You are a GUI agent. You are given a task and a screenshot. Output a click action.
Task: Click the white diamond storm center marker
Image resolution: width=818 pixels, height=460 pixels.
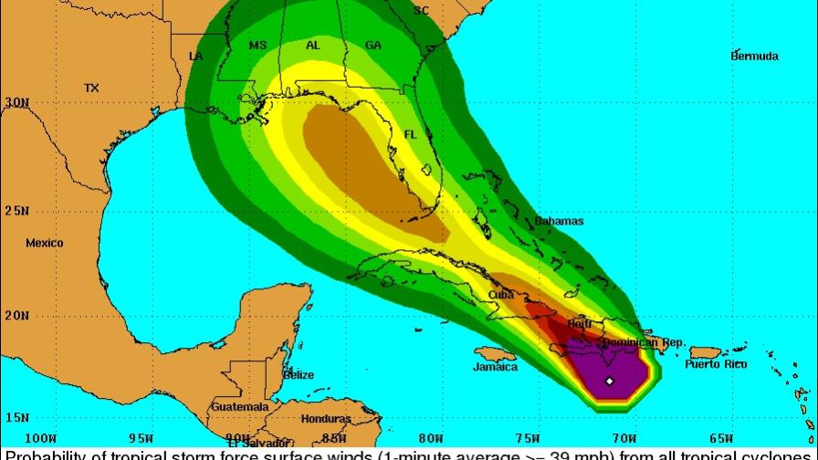[x=609, y=381]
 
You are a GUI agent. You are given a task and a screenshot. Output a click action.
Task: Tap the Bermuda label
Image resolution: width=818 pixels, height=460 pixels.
[x=754, y=57]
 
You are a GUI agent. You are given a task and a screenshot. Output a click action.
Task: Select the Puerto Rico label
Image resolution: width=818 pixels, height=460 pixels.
[x=716, y=365]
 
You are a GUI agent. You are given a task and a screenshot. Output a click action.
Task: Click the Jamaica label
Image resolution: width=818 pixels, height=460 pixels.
[x=494, y=368]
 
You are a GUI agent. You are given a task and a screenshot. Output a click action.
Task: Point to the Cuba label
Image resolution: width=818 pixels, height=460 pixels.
[x=499, y=296]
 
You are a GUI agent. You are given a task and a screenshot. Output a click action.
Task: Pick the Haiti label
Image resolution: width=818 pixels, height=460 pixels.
[x=580, y=324]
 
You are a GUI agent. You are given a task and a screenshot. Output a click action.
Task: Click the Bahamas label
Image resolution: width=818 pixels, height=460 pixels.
[x=559, y=222]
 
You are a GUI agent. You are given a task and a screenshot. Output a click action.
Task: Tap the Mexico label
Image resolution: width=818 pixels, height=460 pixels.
[x=44, y=244]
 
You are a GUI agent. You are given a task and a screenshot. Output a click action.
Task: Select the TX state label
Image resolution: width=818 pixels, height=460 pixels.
[x=91, y=89]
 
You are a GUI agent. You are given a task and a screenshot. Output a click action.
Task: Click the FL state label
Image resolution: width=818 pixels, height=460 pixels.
[x=411, y=135]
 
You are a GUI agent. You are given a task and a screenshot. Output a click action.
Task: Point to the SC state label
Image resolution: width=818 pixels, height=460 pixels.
[x=421, y=11]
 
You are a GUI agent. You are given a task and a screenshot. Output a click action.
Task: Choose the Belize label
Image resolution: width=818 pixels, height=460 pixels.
[x=299, y=375]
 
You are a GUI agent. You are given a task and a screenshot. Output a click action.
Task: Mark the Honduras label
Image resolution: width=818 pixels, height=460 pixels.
[x=326, y=419]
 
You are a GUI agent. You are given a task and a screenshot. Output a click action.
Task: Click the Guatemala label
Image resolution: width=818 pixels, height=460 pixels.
[x=240, y=406]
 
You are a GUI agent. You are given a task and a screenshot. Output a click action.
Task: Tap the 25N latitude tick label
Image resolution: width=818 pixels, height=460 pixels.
[x=16, y=211]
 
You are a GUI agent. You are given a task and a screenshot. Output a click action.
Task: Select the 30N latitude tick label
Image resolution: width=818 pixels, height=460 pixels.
[x=16, y=103]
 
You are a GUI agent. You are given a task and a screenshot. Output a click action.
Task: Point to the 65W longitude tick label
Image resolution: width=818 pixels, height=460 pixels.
[x=720, y=438]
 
